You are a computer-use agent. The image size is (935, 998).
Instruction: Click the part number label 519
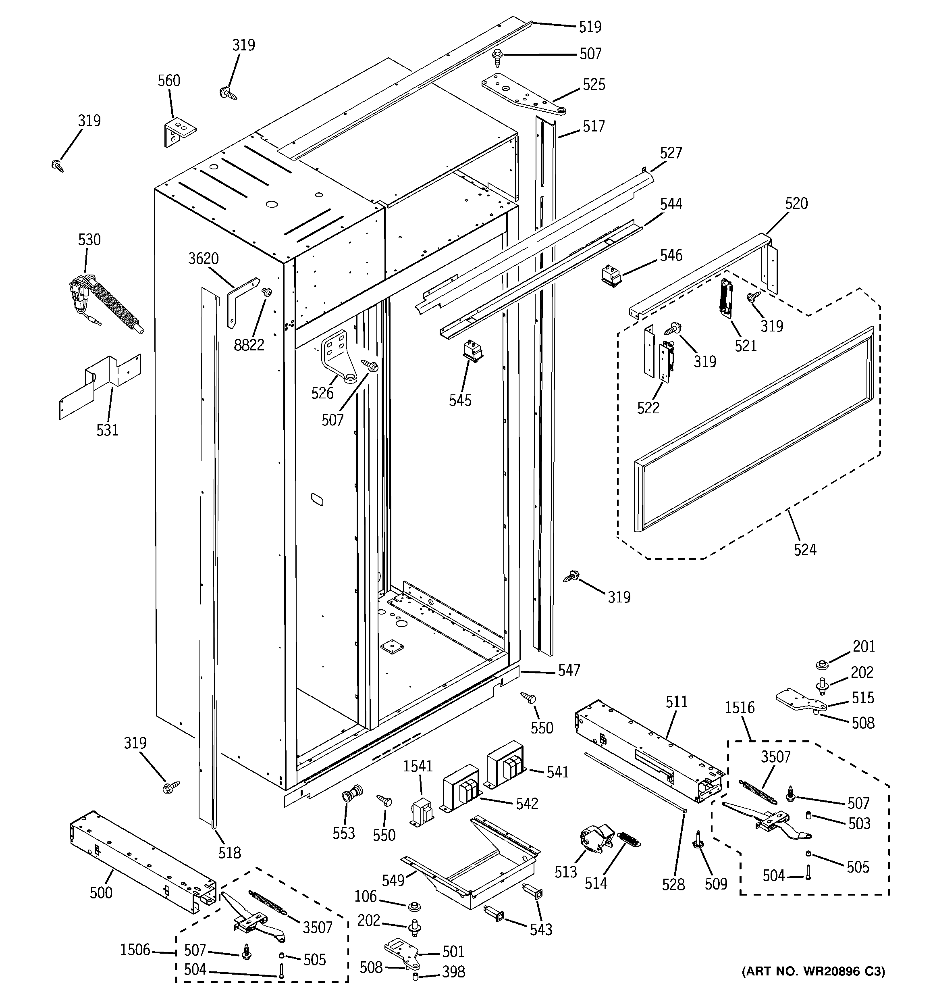tap(590, 27)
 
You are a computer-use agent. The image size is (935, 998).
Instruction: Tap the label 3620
tap(203, 258)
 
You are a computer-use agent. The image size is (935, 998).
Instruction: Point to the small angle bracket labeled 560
tap(179, 132)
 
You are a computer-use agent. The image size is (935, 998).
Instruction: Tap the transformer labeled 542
tap(461, 789)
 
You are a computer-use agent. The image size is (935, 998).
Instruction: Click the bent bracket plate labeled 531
tap(100, 385)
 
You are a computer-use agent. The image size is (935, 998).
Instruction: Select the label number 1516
tap(739, 708)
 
